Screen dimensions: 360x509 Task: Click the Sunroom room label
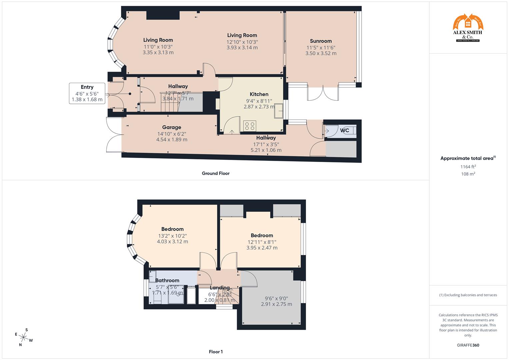321,41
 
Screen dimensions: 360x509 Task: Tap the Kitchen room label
259,94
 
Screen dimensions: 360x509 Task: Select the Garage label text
172,127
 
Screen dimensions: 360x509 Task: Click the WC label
345,130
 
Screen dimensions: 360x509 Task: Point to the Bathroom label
167,280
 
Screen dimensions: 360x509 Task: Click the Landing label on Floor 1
220,288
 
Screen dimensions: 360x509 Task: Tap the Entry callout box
87,93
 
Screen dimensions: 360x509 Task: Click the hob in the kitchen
250,126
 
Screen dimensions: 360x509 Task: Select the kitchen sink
278,111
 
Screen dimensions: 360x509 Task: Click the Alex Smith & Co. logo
468,28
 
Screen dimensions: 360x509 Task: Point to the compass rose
23,337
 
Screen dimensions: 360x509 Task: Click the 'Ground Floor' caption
216,173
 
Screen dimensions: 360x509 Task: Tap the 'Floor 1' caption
216,352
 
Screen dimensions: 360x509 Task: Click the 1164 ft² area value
468,167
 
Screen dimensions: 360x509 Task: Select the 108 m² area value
468,174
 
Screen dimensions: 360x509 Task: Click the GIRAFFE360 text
468,345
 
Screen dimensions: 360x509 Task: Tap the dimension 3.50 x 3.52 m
321,53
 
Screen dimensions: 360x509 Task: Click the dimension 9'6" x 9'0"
276,298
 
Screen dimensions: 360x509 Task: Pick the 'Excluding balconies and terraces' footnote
468,295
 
